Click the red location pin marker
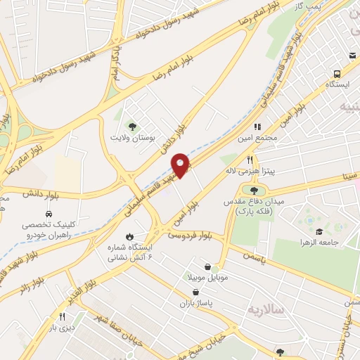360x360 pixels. (181, 165)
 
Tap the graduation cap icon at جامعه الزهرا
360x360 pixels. (319, 232)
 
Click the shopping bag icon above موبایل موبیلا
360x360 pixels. (208, 266)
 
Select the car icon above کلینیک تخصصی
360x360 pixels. (49, 213)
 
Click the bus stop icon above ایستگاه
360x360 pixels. (337, 73)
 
